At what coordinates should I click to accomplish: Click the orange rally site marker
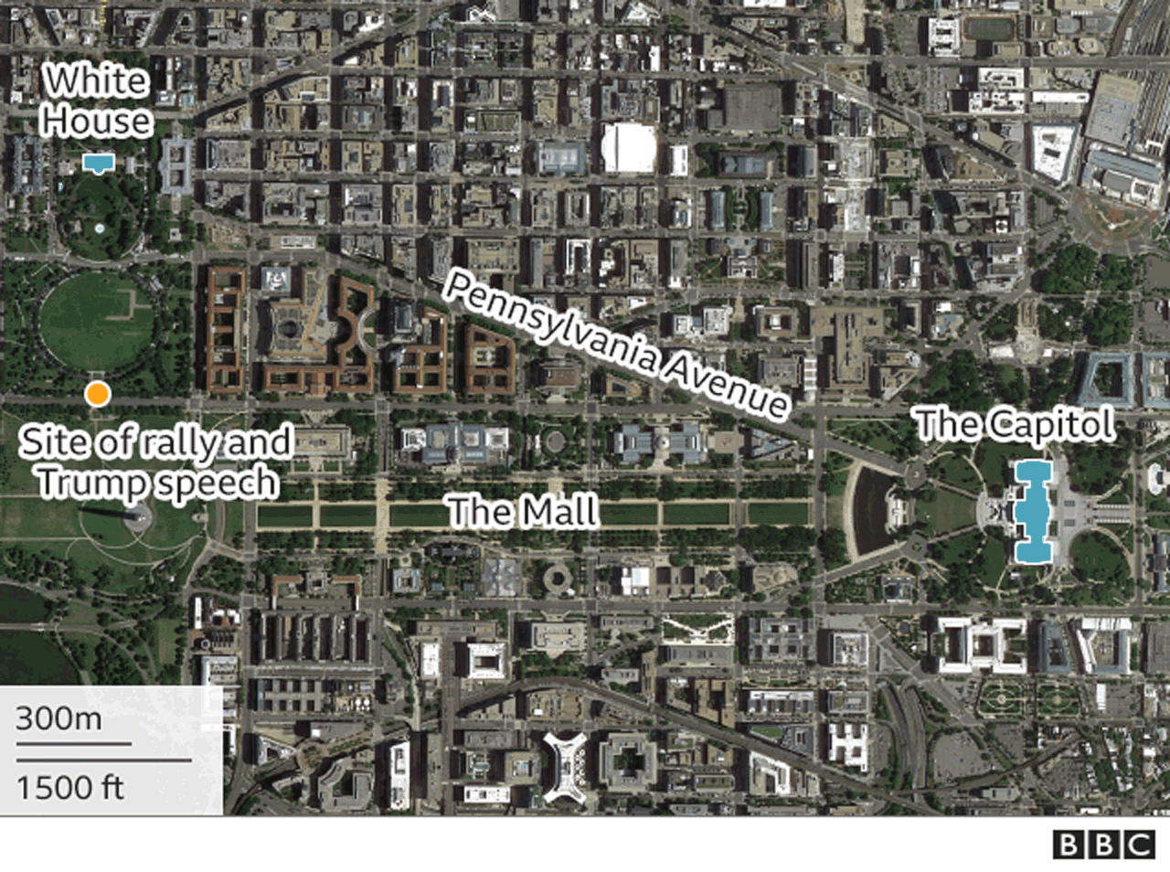click(97, 394)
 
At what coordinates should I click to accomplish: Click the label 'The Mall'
click(523, 511)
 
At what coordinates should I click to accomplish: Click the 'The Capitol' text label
click(1015, 424)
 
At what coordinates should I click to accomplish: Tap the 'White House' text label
click(97, 101)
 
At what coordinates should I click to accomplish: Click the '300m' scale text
click(58, 718)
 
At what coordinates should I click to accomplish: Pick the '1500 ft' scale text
click(69, 786)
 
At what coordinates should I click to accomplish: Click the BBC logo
click(1102, 845)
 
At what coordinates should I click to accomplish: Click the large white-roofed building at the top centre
click(629, 147)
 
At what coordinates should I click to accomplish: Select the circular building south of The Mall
click(556, 579)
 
